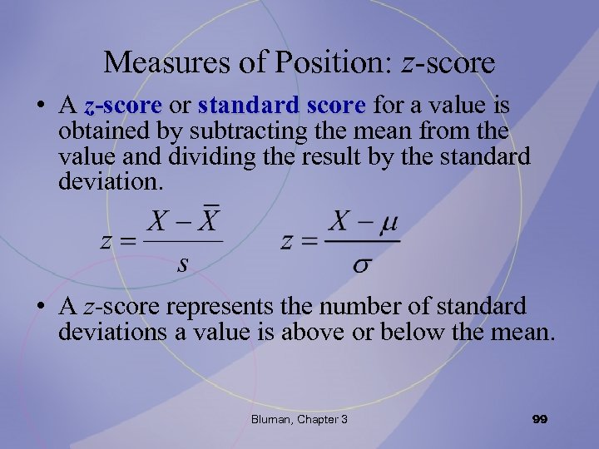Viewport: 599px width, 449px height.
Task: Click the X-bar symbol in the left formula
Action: coord(211,222)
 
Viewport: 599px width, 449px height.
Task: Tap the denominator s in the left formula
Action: coord(183,264)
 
